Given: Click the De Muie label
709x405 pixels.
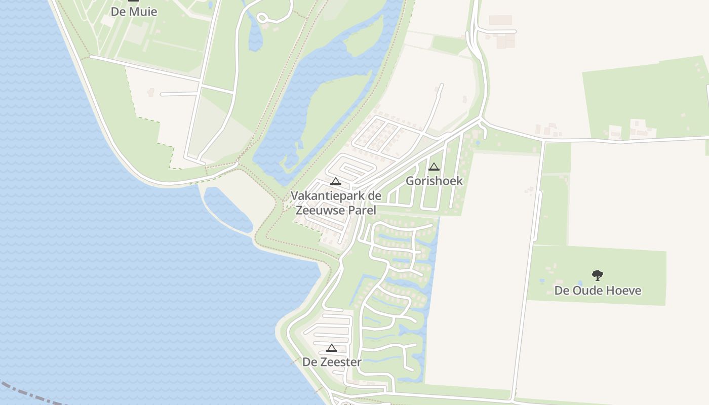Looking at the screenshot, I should pyautogui.click(x=134, y=11).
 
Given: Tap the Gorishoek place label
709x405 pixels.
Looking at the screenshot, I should pyautogui.click(x=434, y=181).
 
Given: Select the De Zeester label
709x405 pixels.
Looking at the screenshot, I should pyautogui.click(x=332, y=362).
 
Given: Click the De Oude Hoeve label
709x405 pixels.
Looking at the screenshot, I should pyautogui.click(x=598, y=291).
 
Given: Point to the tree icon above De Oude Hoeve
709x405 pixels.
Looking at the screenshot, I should pyautogui.click(x=598, y=275).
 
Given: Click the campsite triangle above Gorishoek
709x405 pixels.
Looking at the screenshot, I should pyautogui.click(x=434, y=167).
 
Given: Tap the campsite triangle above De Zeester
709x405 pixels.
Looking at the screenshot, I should pyautogui.click(x=332, y=348).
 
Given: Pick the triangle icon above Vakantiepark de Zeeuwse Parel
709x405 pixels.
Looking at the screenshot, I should pyautogui.click(x=335, y=181).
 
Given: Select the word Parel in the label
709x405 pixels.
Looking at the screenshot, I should pyautogui.click(x=362, y=210).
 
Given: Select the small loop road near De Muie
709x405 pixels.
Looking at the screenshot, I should pyautogui.click(x=262, y=18).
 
